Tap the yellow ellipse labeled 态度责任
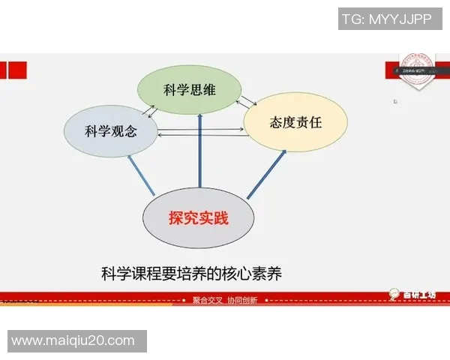tap(295, 122)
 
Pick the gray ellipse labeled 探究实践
tap(198, 218)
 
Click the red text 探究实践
tap(198, 219)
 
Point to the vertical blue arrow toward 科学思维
tap(199, 150)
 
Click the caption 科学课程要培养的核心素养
tap(191, 271)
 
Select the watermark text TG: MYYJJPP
tap(386, 19)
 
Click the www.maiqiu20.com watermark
tap(73, 341)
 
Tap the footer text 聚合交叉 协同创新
tap(225, 300)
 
